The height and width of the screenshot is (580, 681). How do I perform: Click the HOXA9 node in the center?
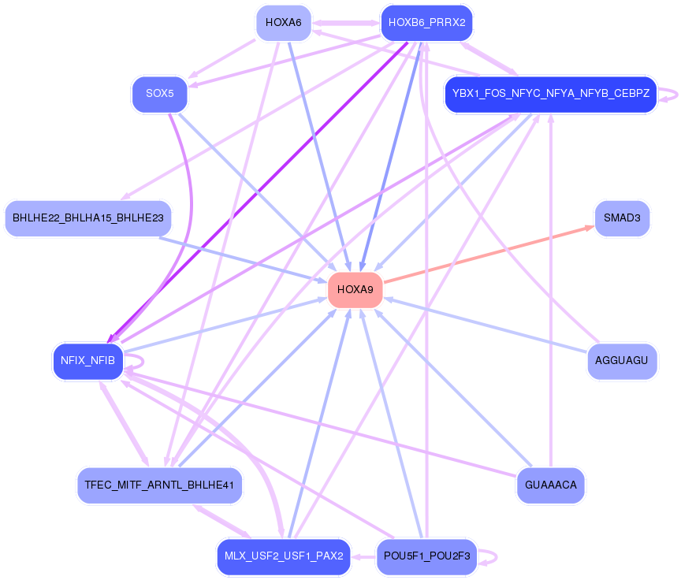[x=355, y=290]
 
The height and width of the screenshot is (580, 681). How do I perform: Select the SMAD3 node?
[x=622, y=218]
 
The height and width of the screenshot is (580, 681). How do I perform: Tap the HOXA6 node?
[x=284, y=23]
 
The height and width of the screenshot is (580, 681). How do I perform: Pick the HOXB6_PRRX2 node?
[x=426, y=23]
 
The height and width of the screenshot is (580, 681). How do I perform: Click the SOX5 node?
[x=160, y=95]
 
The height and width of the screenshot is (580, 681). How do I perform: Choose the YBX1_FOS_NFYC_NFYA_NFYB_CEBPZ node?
[x=550, y=95]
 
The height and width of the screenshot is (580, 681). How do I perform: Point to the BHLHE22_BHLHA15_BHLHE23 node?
[x=87, y=218]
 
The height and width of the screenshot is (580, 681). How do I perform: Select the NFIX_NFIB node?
[x=87, y=362]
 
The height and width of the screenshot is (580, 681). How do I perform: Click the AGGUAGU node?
[x=622, y=362]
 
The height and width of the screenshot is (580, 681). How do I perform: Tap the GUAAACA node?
[x=550, y=485]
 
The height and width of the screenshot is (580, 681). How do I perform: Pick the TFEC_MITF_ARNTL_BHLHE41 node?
[x=159, y=485]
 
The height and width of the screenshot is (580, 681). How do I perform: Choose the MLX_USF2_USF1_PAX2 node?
[x=284, y=556]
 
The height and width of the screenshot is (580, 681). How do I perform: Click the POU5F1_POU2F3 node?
[x=426, y=556]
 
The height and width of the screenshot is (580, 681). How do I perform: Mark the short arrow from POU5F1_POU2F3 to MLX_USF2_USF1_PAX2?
[x=363, y=556]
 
